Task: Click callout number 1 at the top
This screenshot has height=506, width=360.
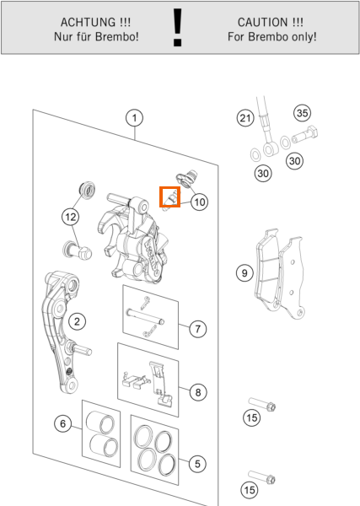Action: click(x=135, y=118)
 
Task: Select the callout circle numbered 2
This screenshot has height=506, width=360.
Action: click(x=77, y=321)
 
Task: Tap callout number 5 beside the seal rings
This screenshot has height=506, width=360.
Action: click(x=197, y=464)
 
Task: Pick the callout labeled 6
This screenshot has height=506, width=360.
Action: click(x=63, y=423)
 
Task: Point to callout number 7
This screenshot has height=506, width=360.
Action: click(x=197, y=329)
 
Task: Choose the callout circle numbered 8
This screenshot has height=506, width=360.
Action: click(x=197, y=392)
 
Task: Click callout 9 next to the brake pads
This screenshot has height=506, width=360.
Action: click(x=244, y=273)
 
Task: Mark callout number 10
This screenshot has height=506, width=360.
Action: click(x=199, y=202)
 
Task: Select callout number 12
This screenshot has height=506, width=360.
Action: click(x=71, y=217)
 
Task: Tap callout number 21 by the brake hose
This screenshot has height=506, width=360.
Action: click(x=245, y=118)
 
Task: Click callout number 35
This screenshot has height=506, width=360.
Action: click(x=303, y=113)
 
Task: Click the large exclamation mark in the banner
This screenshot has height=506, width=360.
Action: click(x=177, y=28)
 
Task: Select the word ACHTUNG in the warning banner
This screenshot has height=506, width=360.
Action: click(x=88, y=22)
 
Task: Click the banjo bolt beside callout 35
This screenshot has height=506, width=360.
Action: click(x=305, y=135)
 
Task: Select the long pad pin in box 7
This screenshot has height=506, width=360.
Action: click(x=145, y=316)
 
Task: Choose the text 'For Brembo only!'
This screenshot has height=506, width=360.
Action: click(x=272, y=37)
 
